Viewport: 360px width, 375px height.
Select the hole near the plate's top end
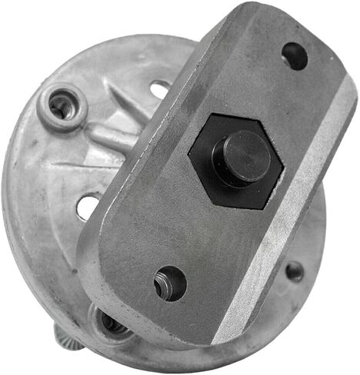click(x=295, y=56)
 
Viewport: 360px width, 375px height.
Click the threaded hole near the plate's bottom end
click(x=170, y=283)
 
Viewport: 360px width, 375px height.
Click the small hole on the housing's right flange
click(x=294, y=270)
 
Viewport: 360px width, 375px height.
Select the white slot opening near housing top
click(x=160, y=89)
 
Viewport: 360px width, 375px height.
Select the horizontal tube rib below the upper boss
click(x=108, y=138)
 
